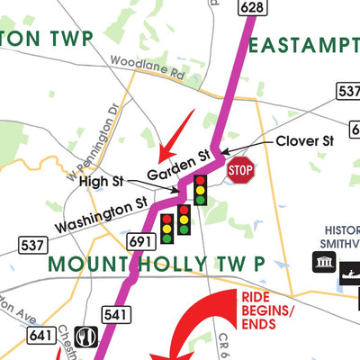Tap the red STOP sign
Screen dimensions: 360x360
click(x=240, y=169)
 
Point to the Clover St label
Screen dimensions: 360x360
click(x=304, y=141)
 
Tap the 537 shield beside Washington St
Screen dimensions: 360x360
click(x=32, y=244)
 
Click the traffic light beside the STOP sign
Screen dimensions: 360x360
click(x=201, y=190)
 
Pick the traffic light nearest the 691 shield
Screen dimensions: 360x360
click(x=166, y=229)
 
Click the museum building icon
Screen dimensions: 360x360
click(x=321, y=262)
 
